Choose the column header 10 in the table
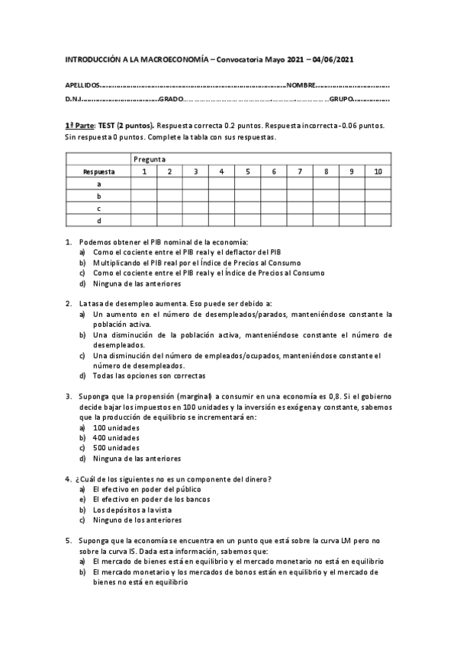(378, 171)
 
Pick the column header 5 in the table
(248, 171)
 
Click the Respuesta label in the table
(98, 171)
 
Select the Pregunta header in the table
(150, 158)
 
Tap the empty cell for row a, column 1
(143, 184)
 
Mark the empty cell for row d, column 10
(378, 221)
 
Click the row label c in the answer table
(98, 209)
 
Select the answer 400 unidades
(115, 438)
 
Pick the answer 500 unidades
(115, 448)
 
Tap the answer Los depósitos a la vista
(134, 509)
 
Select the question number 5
(68, 540)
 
